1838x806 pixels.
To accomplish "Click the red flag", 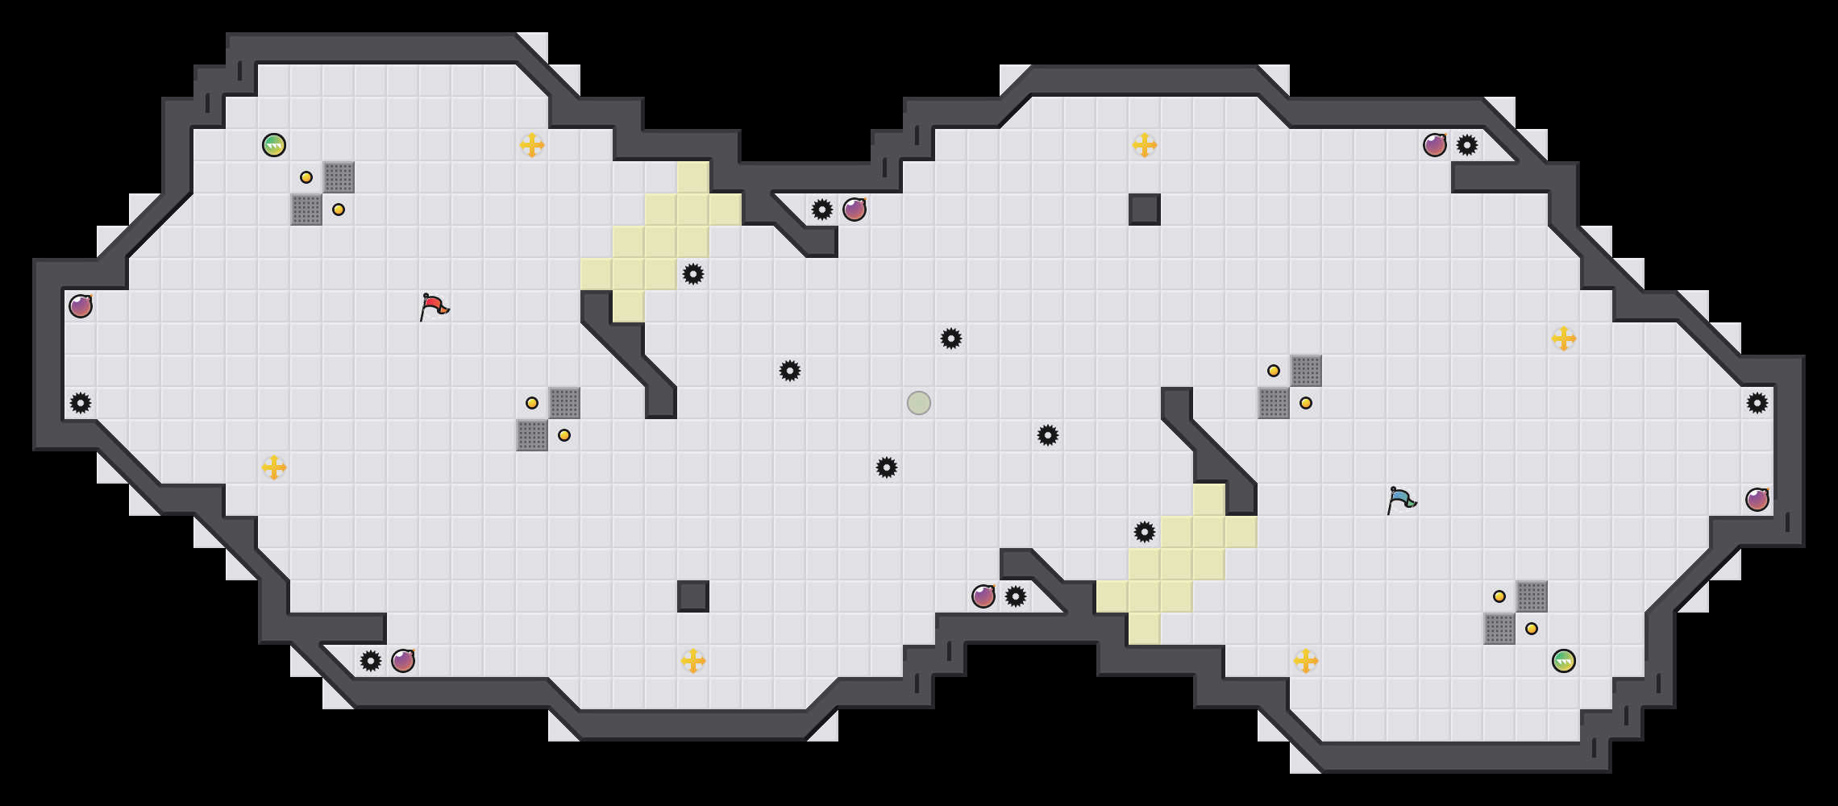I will coord(433,306).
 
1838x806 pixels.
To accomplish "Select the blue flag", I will coord(1400,500).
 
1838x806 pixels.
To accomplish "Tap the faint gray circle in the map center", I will coord(919,403).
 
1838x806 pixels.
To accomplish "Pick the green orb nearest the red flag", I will coord(274,145).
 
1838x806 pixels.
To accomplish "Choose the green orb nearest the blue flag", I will coord(1564,661).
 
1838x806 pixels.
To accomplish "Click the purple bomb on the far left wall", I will coord(81,306).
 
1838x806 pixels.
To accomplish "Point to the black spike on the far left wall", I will coord(81,403).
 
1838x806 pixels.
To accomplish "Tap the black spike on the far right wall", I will coord(1757,403).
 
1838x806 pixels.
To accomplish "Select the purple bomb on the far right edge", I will coord(1757,500).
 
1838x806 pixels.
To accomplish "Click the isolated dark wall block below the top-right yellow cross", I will coord(1145,210).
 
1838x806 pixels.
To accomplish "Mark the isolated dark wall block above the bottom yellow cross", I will coord(693,596).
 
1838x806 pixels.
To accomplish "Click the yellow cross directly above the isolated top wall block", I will coord(1145,145).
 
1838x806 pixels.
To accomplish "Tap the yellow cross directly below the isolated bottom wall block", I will coord(693,661).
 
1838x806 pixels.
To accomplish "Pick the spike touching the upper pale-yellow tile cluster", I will coord(693,274).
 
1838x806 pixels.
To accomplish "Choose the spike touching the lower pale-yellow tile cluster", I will coord(1145,532).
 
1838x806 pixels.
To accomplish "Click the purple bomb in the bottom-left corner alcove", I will coord(403,661).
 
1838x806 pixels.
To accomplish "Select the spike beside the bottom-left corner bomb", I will coord(371,661).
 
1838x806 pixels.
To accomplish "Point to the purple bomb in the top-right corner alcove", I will coord(1435,145).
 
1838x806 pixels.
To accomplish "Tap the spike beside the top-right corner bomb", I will coord(1467,145).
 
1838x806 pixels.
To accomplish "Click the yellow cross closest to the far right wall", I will coord(1564,339).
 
